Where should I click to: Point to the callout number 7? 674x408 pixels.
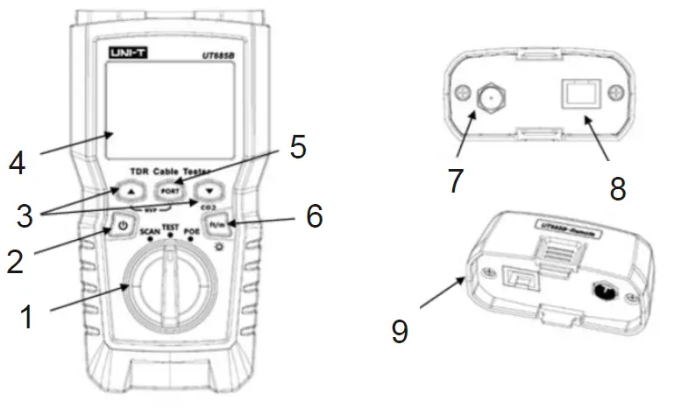coord(454,180)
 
